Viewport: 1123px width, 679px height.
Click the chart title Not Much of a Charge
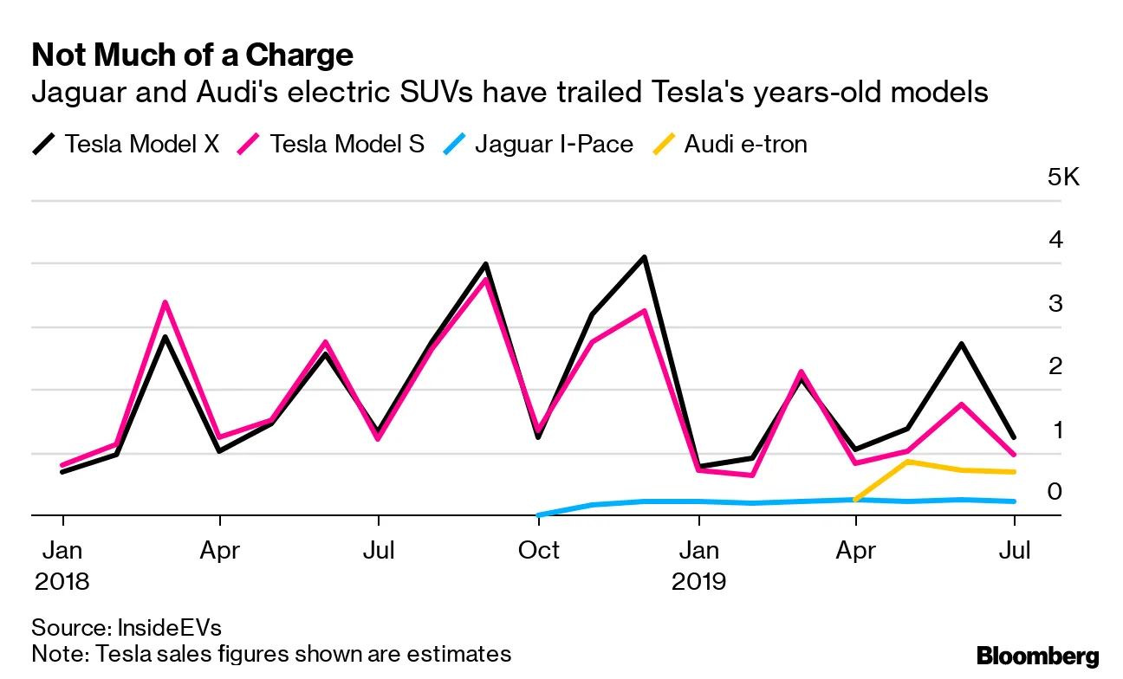tap(192, 55)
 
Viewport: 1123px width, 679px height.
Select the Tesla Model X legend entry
tap(141, 143)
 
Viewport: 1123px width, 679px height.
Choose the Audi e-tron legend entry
tap(745, 143)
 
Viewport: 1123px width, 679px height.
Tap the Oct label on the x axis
tap(538, 550)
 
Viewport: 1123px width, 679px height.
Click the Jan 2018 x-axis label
tap(62, 565)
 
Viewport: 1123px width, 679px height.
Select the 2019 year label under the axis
tap(698, 580)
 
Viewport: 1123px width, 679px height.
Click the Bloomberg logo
tap(1037, 656)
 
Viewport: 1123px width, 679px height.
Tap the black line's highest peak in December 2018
tap(645, 257)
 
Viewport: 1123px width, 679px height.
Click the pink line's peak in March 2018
tap(165, 302)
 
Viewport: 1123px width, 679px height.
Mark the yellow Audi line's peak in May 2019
tap(907, 462)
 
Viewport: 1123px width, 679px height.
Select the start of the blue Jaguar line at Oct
tap(539, 514)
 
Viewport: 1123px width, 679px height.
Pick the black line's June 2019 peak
tap(961, 344)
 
